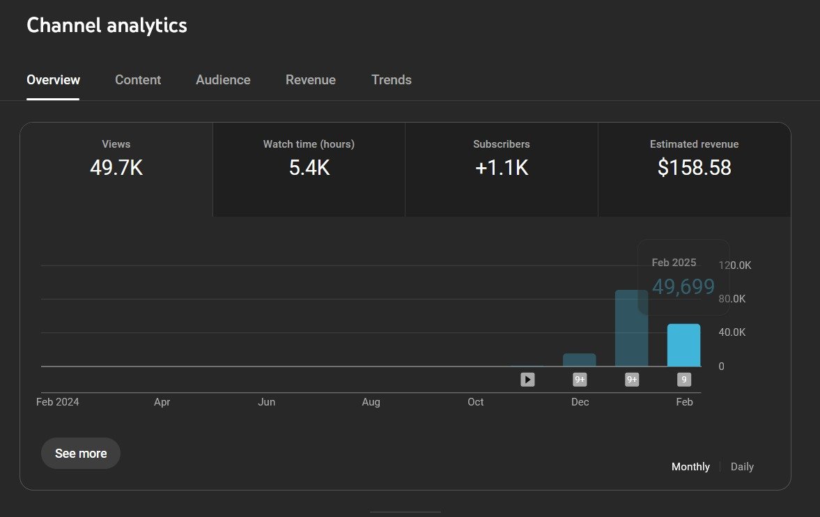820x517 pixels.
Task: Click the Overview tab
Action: (x=53, y=80)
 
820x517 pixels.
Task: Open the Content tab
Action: (x=138, y=80)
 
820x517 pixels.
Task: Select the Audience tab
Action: (x=223, y=80)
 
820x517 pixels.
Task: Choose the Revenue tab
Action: (x=311, y=80)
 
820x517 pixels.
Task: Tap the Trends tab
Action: (x=392, y=80)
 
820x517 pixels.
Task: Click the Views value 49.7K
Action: (x=116, y=168)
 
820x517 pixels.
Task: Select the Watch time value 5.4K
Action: (x=309, y=168)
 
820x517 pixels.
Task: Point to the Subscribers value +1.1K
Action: (x=502, y=168)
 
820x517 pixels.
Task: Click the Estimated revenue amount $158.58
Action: (x=694, y=168)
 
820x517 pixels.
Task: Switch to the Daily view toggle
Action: (x=742, y=467)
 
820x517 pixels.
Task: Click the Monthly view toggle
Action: (x=690, y=467)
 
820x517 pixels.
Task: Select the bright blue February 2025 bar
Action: (x=683, y=346)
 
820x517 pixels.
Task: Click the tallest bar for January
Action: (x=631, y=328)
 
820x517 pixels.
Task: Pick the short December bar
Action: (x=579, y=360)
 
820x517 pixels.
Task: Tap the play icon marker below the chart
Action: (x=527, y=380)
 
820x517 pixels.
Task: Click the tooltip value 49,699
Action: (x=683, y=286)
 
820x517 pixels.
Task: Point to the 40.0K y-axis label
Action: (x=732, y=332)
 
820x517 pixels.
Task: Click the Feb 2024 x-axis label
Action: (x=58, y=402)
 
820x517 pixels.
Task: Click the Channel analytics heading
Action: (x=107, y=26)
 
